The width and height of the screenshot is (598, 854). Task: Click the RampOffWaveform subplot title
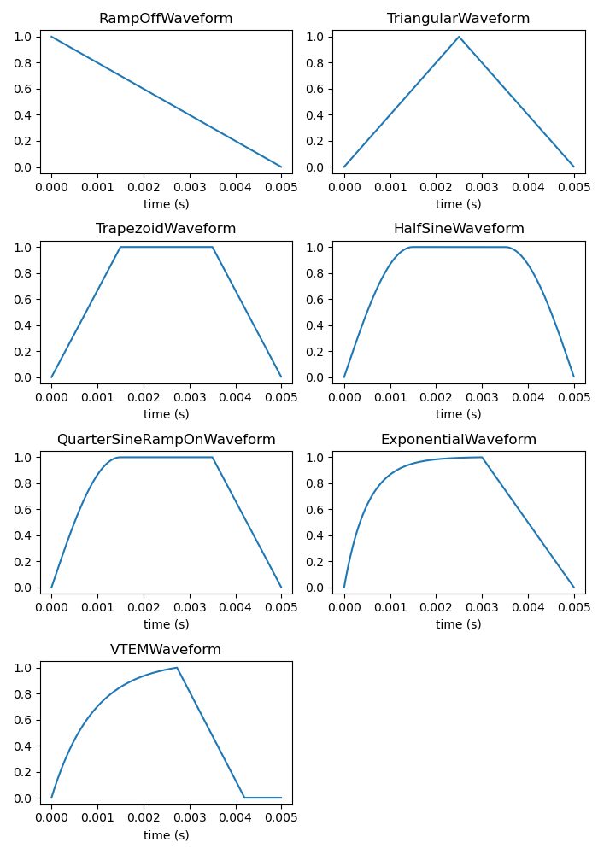[x=166, y=19]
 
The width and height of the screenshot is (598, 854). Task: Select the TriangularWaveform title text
[x=458, y=19]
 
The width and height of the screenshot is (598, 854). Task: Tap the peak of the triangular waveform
[x=459, y=37]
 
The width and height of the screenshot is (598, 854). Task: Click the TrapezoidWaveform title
[x=166, y=229]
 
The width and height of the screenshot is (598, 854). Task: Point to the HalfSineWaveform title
[x=458, y=229]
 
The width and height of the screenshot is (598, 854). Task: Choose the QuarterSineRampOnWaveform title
[x=166, y=440]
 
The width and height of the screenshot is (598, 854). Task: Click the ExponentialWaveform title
[x=458, y=440]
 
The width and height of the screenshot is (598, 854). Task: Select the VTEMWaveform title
[x=166, y=650]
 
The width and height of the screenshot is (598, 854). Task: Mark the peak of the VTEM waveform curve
[x=177, y=668]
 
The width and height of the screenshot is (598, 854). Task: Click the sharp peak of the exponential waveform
[x=482, y=457]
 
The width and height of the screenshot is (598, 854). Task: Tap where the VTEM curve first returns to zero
[x=244, y=798]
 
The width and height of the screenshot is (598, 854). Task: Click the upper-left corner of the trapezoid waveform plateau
[x=120, y=247]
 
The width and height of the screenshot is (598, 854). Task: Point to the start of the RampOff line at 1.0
[x=52, y=37]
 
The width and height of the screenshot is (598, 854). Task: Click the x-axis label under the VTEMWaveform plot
[x=166, y=835]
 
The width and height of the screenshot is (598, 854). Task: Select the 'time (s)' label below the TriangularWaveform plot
[x=458, y=204]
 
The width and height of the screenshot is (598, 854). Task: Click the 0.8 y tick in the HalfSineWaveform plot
[x=316, y=273]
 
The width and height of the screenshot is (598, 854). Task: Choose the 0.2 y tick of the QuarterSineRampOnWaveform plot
[x=24, y=562]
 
